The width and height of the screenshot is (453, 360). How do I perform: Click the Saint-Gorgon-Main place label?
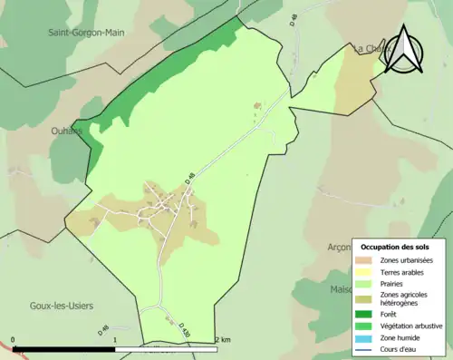87,32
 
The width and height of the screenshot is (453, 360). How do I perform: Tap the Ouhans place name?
68,131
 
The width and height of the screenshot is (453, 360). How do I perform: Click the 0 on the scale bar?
14,341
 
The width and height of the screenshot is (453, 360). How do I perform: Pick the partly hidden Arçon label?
338,246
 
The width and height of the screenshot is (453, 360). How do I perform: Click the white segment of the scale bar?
167,348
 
